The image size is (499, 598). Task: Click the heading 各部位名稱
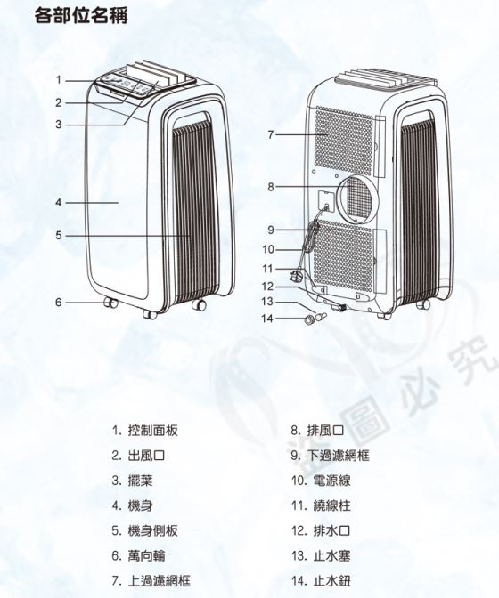pyautogui.click(x=81, y=16)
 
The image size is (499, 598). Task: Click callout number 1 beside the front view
pyautogui.click(x=59, y=80)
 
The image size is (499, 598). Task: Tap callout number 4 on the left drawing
pyautogui.click(x=59, y=202)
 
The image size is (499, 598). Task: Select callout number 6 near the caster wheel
pyautogui.click(x=59, y=302)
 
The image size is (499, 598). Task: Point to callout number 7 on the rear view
pyautogui.click(x=271, y=134)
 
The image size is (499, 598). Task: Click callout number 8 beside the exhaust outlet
pyautogui.click(x=271, y=187)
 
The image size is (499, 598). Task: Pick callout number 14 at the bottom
pyautogui.click(x=267, y=318)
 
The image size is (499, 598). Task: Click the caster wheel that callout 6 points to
pyautogui.click(x=111, y=303)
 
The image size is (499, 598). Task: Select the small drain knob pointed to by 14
pyautogui.click(x=307, y=319)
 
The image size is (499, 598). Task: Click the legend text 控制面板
pyautogui.click(x=152, y=431)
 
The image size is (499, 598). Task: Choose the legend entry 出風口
pyautogui.click(x=146, y=456)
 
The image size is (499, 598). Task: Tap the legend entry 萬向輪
pyautogui.click(x=147, y=555)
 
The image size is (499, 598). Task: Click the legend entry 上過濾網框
pyautogui.click(x=159, y=581)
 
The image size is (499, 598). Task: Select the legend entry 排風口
pyautogui.click(x=325, y=431)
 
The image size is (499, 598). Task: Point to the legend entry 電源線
pyautogui.click(x=331, y=481)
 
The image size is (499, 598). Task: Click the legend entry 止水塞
pyautogui.click(x=331, y=555)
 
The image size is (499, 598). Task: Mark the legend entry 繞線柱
pyautogui.click(x=331, y=505)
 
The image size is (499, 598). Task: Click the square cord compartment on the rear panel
pyautogui.click(x=326, y=202)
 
